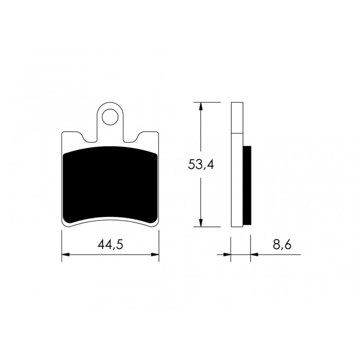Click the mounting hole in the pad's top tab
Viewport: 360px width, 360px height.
(110, 117)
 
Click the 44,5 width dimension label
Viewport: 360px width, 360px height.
(110, 244)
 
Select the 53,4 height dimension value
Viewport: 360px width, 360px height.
(201, 164)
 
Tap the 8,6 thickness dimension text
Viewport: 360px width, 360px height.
(282, 244)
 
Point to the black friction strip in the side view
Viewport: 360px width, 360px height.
(247, 185)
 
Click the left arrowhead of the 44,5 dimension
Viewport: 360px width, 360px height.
(66, 254)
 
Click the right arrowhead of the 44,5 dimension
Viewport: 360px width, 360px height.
(155, 254)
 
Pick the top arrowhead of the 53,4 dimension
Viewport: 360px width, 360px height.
(201, 106)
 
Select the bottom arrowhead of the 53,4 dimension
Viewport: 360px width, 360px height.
(201, 223)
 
